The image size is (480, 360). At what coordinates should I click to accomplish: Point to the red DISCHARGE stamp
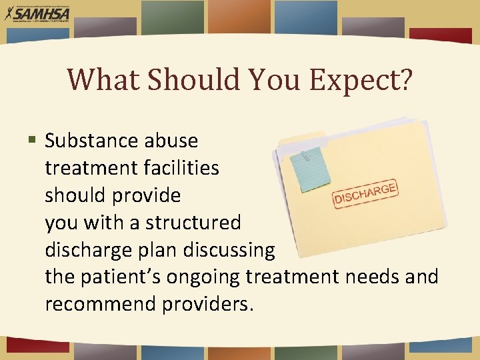365,193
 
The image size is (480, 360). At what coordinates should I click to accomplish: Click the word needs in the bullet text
369,277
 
